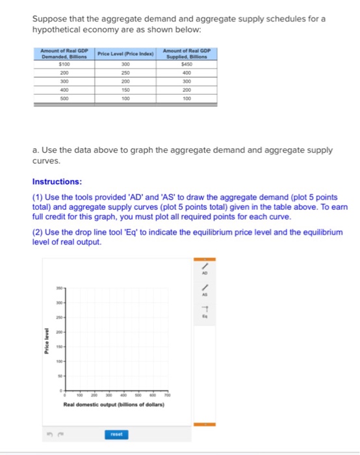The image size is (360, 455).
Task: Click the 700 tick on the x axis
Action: pyautogui.click(x=168, y=395)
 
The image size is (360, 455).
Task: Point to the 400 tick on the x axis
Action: pyautogui.click(x=123, y=395)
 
